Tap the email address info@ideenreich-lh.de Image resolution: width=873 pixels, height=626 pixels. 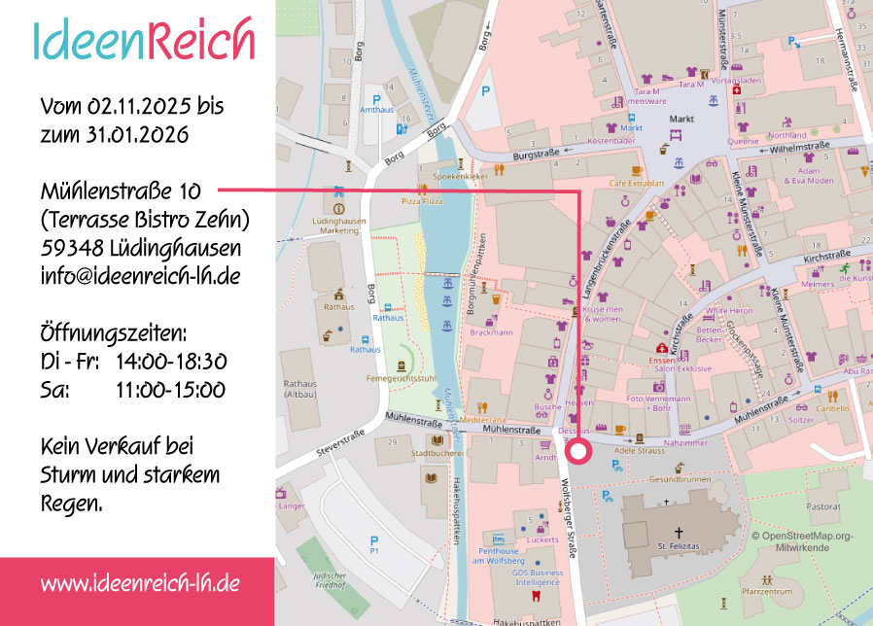coord(140,275)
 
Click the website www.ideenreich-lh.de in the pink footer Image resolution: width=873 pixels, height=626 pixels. coord(140,583)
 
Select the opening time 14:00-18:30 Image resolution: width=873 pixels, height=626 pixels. coord(171,362)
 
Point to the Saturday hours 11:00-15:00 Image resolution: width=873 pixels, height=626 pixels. coord(170,390)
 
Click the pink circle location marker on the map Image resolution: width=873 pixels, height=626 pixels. coord(579,451)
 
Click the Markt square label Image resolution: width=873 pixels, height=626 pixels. coord(681,120)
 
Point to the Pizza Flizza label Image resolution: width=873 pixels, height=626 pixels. coord(422,200)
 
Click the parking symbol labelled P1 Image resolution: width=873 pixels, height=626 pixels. coord(373,545)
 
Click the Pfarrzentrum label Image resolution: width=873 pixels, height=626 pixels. coord(767,591)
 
